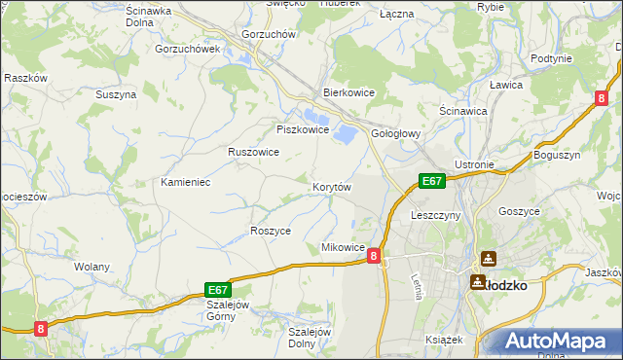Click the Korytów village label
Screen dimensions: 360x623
click(331, 186)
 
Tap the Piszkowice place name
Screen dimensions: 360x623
click(300, 129)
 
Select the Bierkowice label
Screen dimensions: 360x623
click(349, 93)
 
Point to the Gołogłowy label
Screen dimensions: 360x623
click(396, 135)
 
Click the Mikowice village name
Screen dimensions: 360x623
click(343, 248)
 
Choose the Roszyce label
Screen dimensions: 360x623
click(271, 231)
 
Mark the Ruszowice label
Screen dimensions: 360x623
click(254, 153)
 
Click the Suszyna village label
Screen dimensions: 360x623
click(116, 94)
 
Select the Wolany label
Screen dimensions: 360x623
click(92, 266)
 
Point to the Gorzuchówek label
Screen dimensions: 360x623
click(188, 48)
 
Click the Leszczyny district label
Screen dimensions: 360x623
click(436, 214)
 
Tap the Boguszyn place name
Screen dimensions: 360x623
click(557, 155)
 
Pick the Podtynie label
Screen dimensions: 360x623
click(552, 58)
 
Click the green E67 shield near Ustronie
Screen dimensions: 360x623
click(432, 180)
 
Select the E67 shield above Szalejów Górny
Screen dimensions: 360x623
click(218, 289)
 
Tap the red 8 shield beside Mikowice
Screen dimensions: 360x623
click(374, 253)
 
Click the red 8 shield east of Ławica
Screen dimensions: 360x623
click(603, 97)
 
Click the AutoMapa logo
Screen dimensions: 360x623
click(558, 340)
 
